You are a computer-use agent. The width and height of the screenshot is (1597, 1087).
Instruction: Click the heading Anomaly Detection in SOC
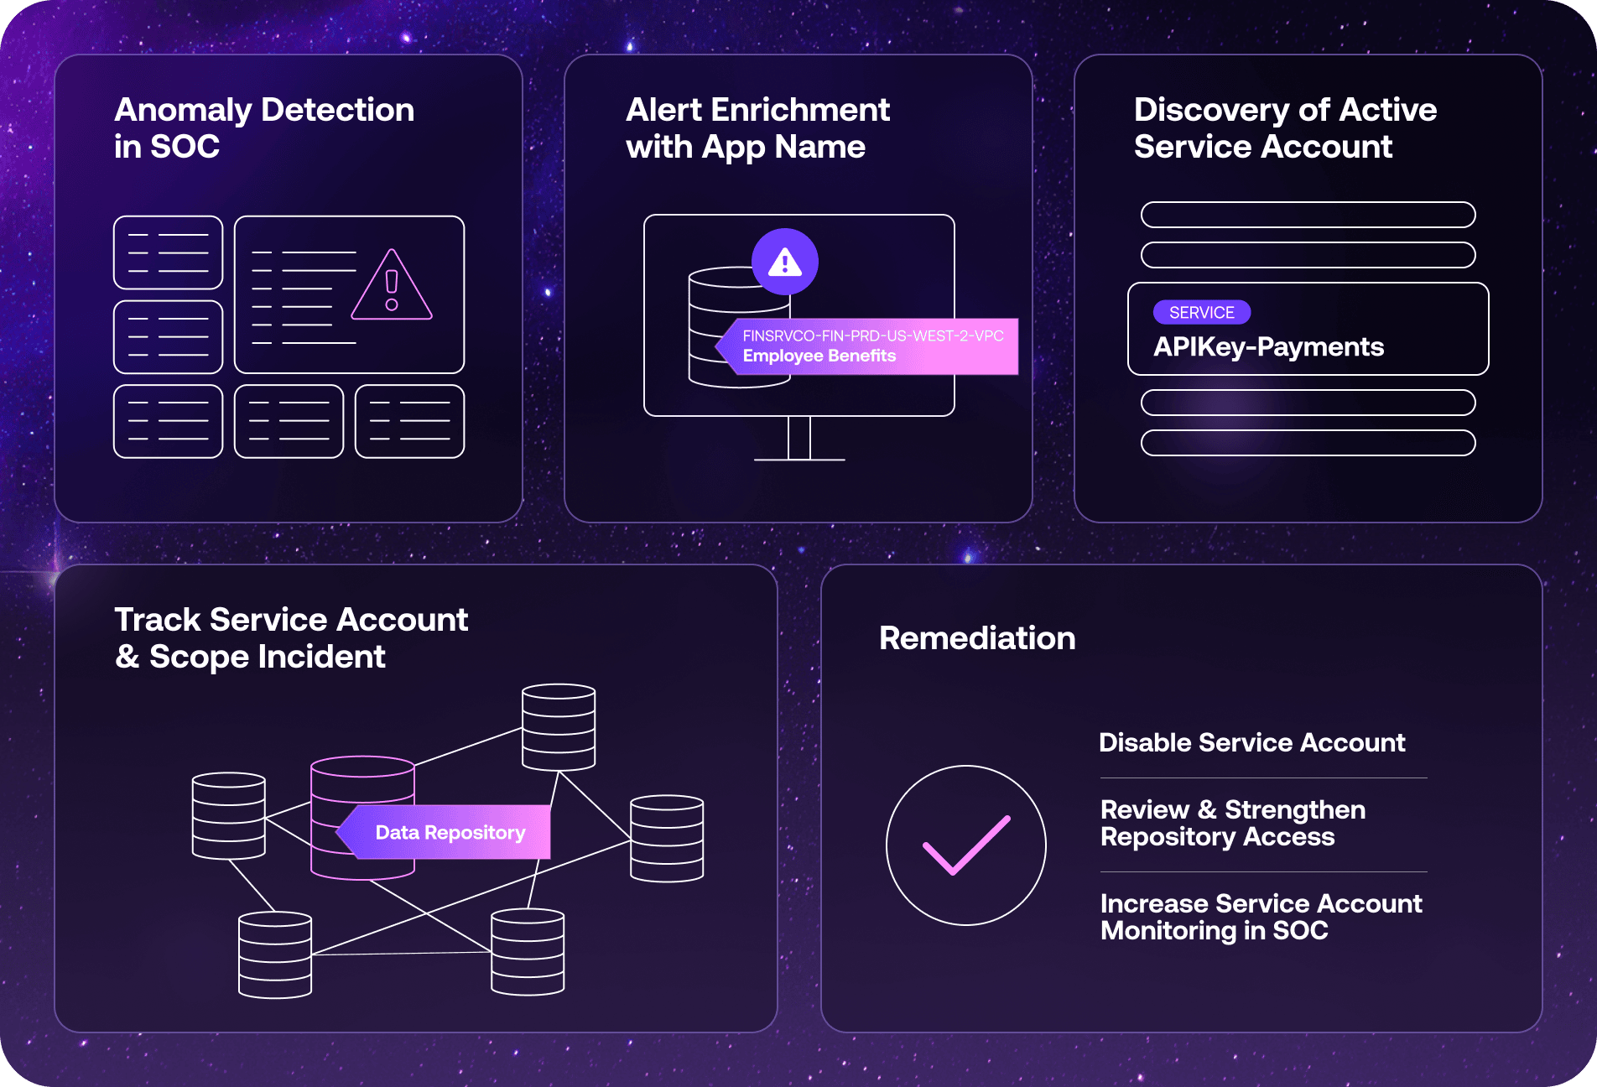pyautogui.click(x=264, y=127)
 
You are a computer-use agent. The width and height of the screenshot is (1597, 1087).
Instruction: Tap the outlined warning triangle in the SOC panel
pyautogui.click(x=392, y=287)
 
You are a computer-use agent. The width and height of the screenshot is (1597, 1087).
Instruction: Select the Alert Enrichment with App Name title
pyautogui.click(x=757, y=127)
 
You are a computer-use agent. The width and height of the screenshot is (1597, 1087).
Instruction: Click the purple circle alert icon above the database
pyautogui.click(x=784, y=262)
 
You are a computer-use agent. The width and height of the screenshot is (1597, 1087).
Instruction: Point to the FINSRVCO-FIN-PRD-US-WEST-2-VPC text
pyautogui.click(x=872, y=335)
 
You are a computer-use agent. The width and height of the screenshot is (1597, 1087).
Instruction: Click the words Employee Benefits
pyautogui.click(x=819, y=356)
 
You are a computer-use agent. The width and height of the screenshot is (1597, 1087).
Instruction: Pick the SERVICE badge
pyautogui.click(x=1201, y=312)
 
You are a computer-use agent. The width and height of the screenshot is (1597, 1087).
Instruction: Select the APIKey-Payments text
pyautogui.click(x=1268, y=347)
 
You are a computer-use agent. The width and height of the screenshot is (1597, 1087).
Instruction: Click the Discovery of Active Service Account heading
pyautogui.click(x=1285, y=127)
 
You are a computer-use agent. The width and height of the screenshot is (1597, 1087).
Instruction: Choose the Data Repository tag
pyautogui.click(x=450, y=832)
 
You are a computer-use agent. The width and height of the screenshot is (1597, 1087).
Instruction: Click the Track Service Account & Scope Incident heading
pyautogui.click(x=291, y=637)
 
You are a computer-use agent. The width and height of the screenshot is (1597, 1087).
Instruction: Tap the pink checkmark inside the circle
pyautogui.click(x=966, y=845)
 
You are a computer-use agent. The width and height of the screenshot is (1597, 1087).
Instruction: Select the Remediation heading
pyautogui.click(x=977, y=638)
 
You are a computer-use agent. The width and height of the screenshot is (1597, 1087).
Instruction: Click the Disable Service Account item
pyautogui.click(x=1251, y=742)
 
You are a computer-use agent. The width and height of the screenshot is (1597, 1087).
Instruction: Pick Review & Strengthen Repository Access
pyautogui.click(x=1233, y=823)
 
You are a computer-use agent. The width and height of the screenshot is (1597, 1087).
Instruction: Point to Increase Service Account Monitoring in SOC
pyautogui.click(x=1261, y=917)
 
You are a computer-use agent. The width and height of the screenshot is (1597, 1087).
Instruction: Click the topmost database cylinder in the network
pyautogui.click(x=559, y=726)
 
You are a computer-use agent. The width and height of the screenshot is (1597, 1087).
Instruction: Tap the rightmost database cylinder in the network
pyautogui.click(x=667, y=838)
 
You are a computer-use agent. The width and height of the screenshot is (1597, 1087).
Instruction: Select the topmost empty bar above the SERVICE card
pyautogui.click(x=1308, y=215)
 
